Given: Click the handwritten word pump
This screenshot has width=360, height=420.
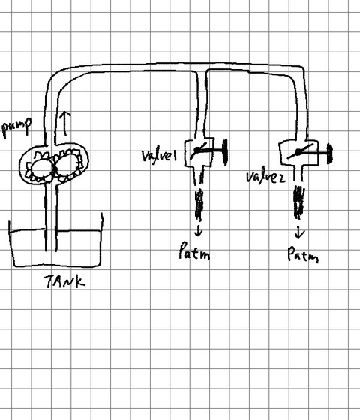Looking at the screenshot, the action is click(x=16, y=127).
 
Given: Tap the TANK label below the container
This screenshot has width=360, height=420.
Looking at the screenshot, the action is click(x=65, y=281).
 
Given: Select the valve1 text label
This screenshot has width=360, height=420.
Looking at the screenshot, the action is click(x=159, y=155).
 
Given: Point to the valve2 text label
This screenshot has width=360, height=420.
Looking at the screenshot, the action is click(x=265, y=176).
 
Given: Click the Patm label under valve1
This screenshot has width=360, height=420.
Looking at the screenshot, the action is click(x=194, y=251).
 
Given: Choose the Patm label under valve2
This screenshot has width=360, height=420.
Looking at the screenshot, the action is click(x=303, y=254).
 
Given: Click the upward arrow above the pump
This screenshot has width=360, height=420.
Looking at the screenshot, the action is click(x=64, y=124).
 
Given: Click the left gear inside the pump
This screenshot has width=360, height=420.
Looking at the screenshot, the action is click(x=40, y=167).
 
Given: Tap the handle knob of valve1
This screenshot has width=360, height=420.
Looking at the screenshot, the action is click(x=225, y=152).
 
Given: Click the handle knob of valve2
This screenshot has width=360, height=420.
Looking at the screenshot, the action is click(x=330, y=154).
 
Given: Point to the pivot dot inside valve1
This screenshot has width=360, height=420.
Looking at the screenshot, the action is click(x=196, y=150).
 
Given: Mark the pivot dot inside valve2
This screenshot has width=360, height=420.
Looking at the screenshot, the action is click(x=298, y=153).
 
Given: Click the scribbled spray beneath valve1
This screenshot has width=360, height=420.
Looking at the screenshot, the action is click(x=199, y=204).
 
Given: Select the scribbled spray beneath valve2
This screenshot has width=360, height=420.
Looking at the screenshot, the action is click(x=299, y=202).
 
